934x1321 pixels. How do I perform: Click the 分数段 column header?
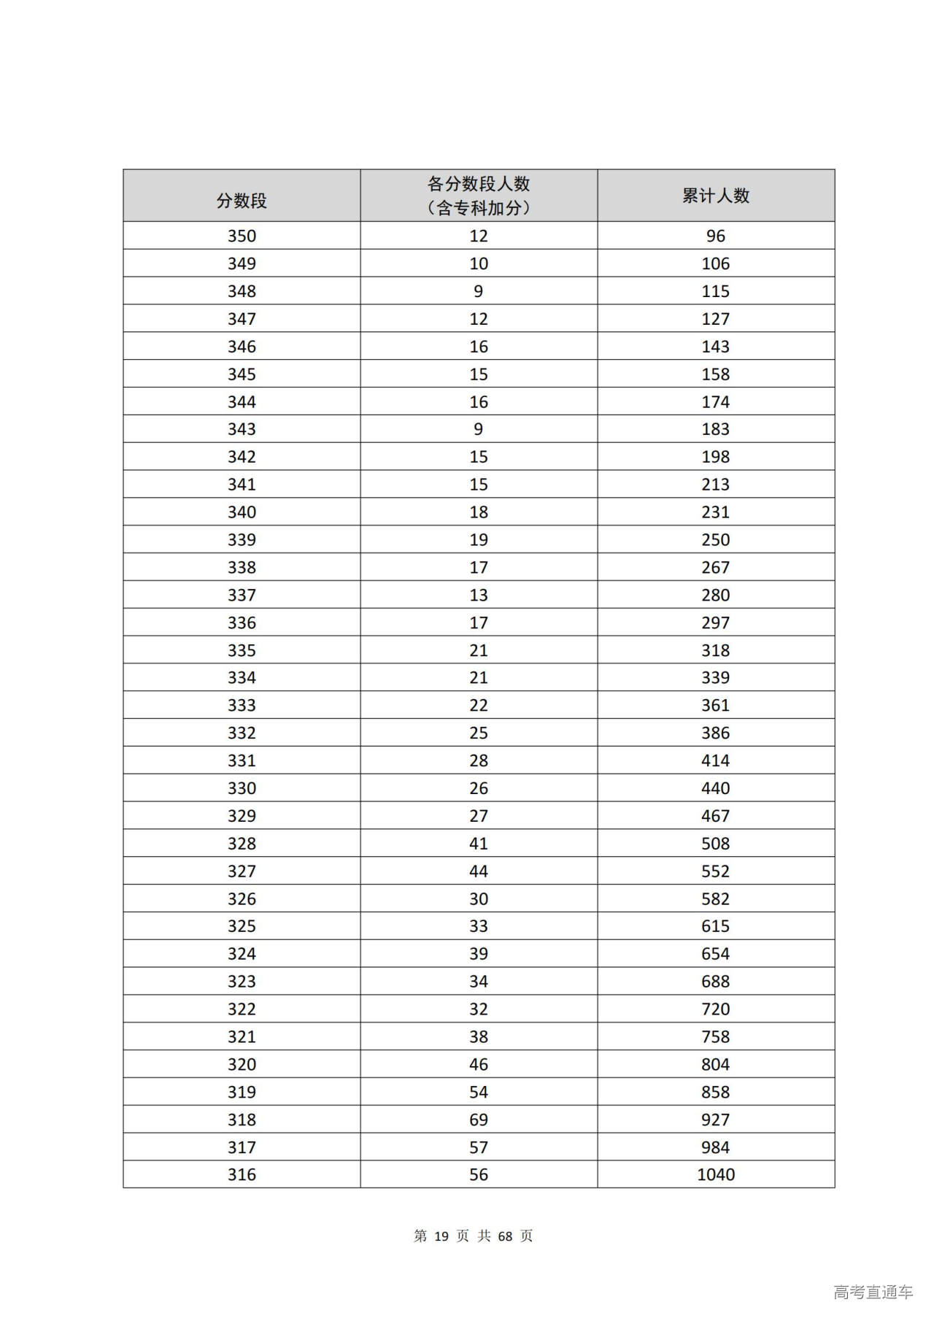pyautogui.click(x=242, y=201)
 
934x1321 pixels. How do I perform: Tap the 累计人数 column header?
pyautogui.click(x=715, y=196)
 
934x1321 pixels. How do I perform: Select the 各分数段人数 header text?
pyautogui.click(x=479, y=184)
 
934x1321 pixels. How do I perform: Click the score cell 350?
pyautogui.click(x=242, y=236)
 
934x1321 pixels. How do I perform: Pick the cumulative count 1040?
pyautogui.click(x=715, y=1174)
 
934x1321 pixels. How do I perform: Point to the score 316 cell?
pyautogui.click(x=242, y=1174)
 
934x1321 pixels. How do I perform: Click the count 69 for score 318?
pyautogui.click(x=479, y=1120)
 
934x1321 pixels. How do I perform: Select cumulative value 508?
pyautogui.click(x=715, y=844)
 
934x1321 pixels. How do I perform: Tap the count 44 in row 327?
pyautogui.click(x=479, y=871)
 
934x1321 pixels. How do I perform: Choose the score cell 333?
pyautogui.click(x=242, y=705)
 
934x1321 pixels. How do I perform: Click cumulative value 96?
pyautogui.click(x=715, y=236)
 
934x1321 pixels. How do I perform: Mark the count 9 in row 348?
pyautogui.click(x=479, y=291)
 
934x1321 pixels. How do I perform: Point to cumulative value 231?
pyautogui.click(x=715, y=512)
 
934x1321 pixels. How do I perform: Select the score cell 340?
pyautogui.click(x=242, y=512)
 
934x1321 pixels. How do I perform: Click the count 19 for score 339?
pyautogui.click(x=479, y=540)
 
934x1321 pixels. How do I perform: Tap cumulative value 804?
pyautogui.click(x=715, y=1064)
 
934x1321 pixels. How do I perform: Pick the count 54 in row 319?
pyautogui.click(x=479, y=1092)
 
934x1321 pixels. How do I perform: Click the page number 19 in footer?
pyautogui.click(x=441, y=1236)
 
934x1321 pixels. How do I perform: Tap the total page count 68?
pyautogui.click(x=505, y=1236)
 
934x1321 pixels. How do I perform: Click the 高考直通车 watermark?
pyautogui.click(x=873, y=1293)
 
